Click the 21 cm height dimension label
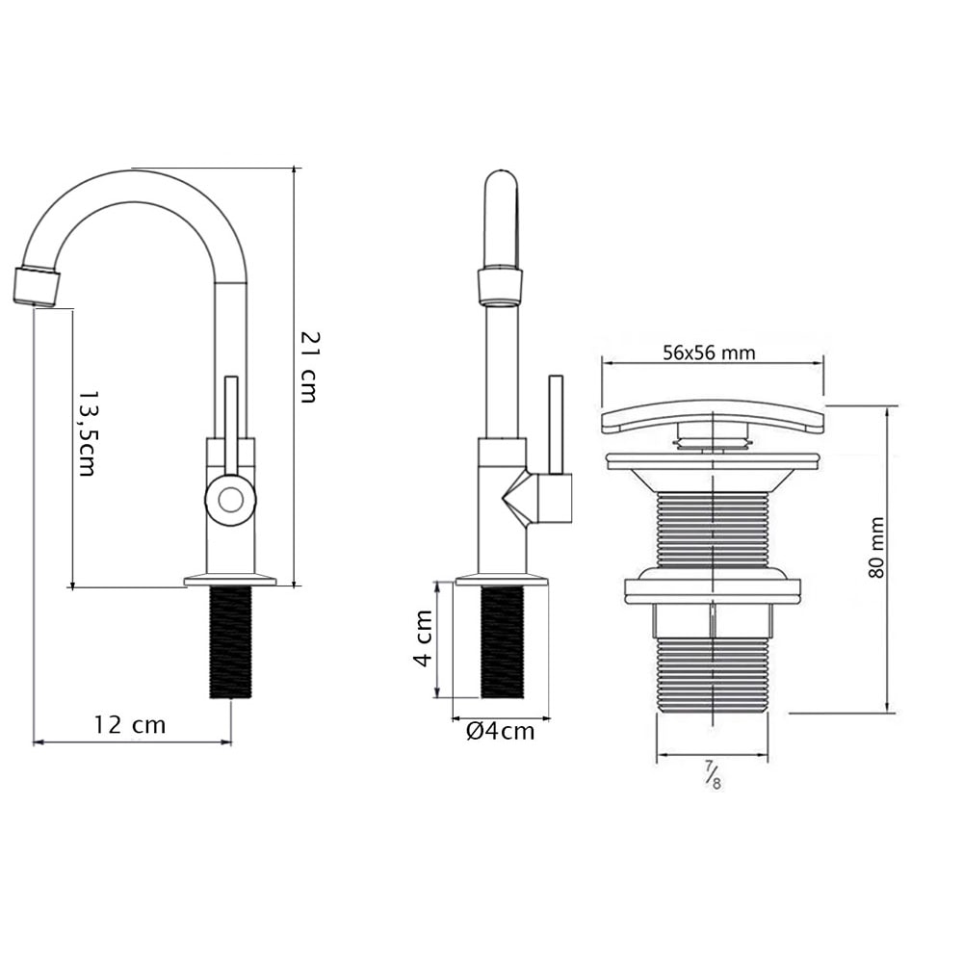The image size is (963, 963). coord(308,367)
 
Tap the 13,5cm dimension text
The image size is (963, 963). coord(87,433)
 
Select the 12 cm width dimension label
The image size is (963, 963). coord(130,725)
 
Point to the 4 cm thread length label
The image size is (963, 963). coord(423,638)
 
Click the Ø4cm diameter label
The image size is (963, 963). coord(500,731)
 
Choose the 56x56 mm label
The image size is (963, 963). coord(710,352)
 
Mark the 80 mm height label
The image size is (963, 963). coord(876,548)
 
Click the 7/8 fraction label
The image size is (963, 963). coord(713,774)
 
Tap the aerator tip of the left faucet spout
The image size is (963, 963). coord(37,285)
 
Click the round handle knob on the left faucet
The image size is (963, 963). coord(230,499)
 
